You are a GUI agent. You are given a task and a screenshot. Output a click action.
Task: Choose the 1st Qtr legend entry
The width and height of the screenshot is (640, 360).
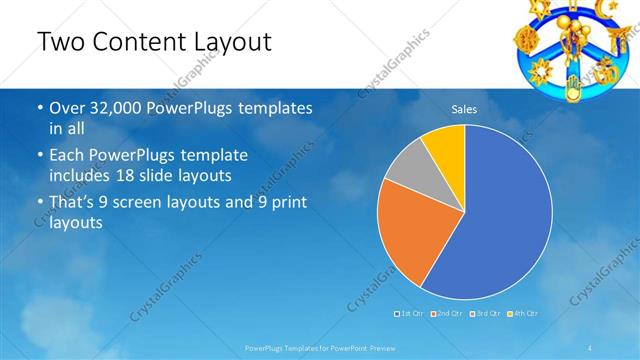pos(410,314)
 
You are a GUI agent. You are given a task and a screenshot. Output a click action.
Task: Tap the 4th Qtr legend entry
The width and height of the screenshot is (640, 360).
pos(524,314)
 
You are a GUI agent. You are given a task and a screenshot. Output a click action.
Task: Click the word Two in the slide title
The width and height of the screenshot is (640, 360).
pos(60,42)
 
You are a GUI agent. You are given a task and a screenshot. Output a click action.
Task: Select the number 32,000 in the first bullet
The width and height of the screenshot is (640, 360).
pos(112,108)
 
